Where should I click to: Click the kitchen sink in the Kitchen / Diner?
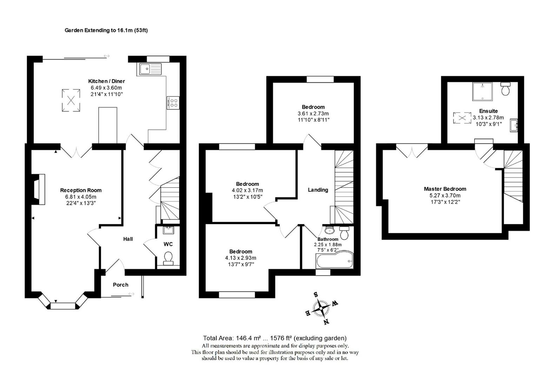point(150,69)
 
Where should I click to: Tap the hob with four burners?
point(173,103)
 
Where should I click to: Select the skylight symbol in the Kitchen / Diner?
point(71,101)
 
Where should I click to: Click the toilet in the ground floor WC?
point(168,258)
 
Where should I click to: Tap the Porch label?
point(120,285)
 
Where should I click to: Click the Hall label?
point(128,239)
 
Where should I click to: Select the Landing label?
point(318,190)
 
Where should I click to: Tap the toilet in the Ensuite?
point(506,89)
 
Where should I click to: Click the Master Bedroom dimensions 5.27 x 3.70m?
point(445,195)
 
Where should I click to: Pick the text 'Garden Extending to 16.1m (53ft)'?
point(106,30)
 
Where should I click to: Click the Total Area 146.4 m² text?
point(274,338)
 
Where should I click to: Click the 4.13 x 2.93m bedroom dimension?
point(240,258)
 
